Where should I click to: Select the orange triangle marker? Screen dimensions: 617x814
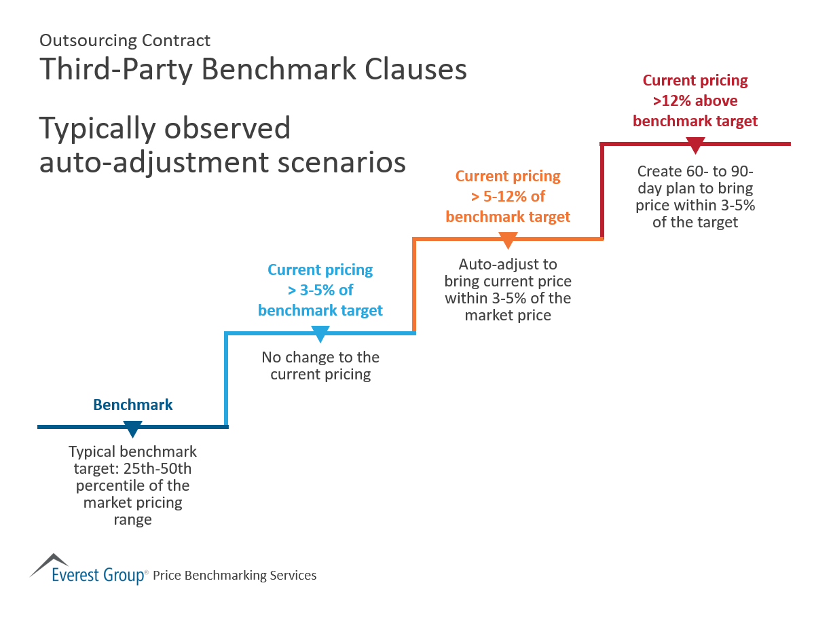(508, 241)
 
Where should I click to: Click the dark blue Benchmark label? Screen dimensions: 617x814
(133, 405)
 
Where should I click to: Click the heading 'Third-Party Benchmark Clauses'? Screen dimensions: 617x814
(253, 70)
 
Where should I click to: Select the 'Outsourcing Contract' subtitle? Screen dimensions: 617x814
(125, 41)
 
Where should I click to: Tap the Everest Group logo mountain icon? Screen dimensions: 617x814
(50, 563)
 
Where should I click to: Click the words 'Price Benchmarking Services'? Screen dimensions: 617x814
(235, 576)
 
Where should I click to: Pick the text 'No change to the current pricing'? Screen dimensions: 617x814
(320, 366)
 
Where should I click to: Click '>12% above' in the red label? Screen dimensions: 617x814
(695, 101)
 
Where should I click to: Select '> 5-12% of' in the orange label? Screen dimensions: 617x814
(508, 197)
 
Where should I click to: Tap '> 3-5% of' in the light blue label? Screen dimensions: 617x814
(320, 291)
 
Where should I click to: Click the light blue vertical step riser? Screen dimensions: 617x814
(226, 380)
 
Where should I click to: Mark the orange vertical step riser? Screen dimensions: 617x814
(414, 285)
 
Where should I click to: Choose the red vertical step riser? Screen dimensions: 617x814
(602, 191)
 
